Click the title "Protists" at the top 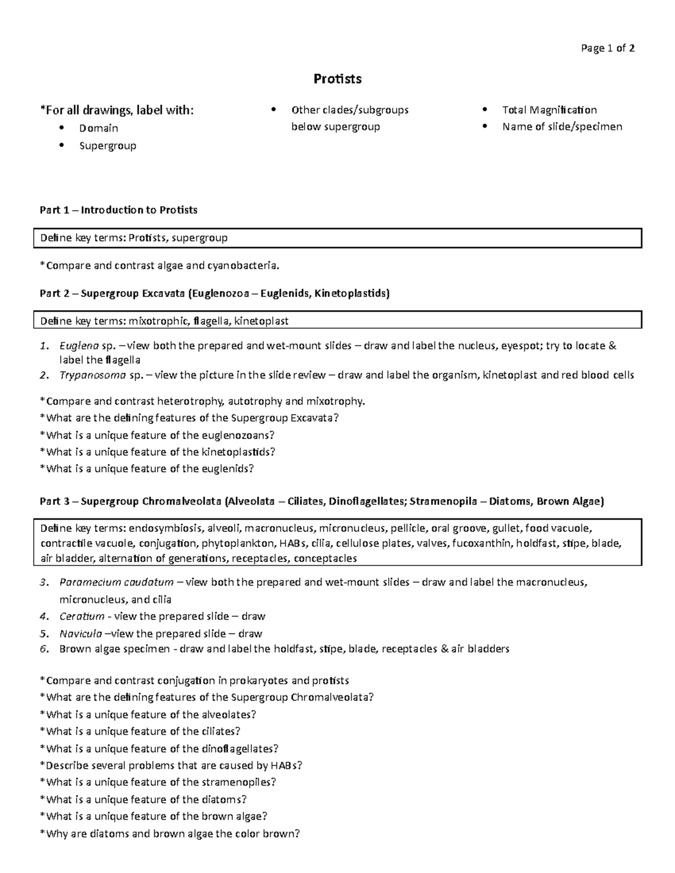pyautogui.click(x=337, y=79)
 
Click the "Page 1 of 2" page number pyautogui.click(x=607, y=48)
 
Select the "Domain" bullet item pyautogui.click(x=98, y=128)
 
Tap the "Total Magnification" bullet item pyautogui.click(x=549, y=110)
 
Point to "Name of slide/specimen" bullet pyautogui.click(x=562, y=126)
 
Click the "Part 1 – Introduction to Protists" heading pyautogui.click(x=119, y=210)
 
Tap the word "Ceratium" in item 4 pyautogui.click(x=82, y=616)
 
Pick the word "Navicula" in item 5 pyautogui.click(x=80, y=634)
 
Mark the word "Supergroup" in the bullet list pyautogui.click(x=107, y=146)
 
